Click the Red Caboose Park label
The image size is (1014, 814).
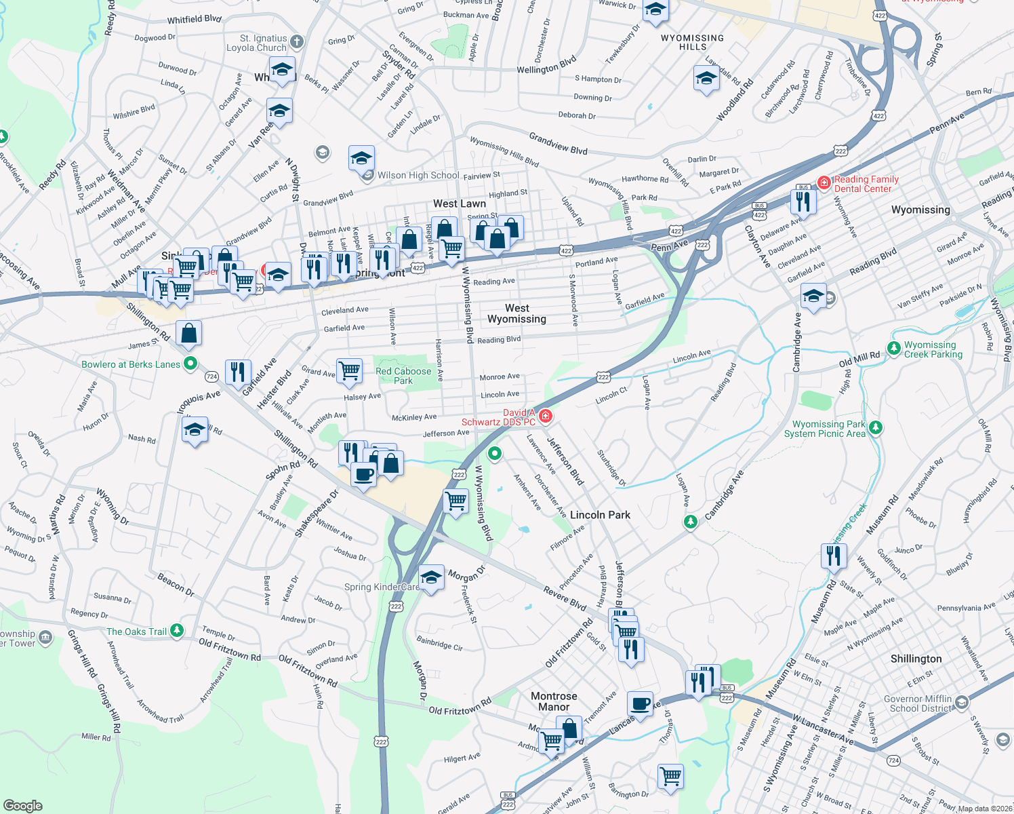(x=403, y=376)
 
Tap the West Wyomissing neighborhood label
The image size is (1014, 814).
(x=516, y=313)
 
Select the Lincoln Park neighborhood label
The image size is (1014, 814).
(x=600, y=515)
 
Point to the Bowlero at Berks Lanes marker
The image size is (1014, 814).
(x=190, y=364)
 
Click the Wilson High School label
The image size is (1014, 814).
(x=418, y=175)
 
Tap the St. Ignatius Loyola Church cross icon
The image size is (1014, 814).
(x=297, y=43)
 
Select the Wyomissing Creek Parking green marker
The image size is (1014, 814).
(x=894, y=349)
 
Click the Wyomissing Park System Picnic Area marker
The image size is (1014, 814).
(x=876, y=427)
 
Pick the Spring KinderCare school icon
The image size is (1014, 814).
(x=431, y=578)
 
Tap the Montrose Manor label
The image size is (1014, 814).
(x=554, y=701)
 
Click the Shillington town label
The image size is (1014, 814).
(x=916, y=659)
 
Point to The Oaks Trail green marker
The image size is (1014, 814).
(x=177, y=631)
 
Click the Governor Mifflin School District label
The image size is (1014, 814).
(x=920, y=703)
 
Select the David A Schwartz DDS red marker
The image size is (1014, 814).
(x=545, y=416)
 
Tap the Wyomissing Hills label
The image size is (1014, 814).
(x=692, y=42)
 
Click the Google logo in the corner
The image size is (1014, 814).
(x=22, y=805)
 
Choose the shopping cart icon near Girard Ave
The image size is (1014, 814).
(x=349, y=371)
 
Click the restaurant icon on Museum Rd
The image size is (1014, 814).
(x=833, y=556)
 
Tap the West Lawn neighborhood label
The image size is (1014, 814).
(x=460, y=203)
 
